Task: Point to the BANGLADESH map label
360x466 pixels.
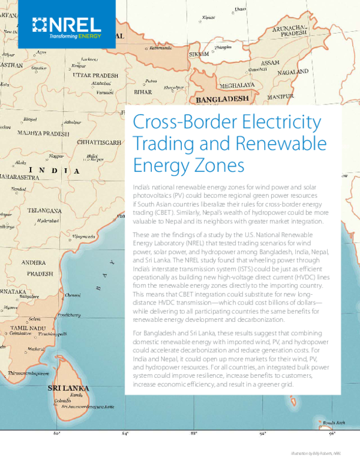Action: [219, 97]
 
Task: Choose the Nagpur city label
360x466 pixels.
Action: [56, 156]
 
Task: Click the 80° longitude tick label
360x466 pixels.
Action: [57, 432]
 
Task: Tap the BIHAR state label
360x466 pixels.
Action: [142, 93]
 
